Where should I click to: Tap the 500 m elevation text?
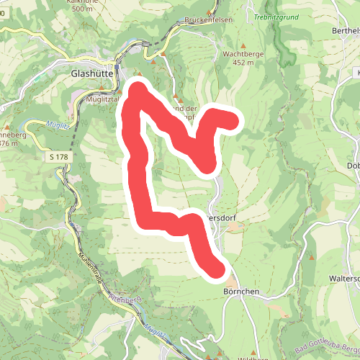click(82, 9)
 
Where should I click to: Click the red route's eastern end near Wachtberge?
click(232, 120)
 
